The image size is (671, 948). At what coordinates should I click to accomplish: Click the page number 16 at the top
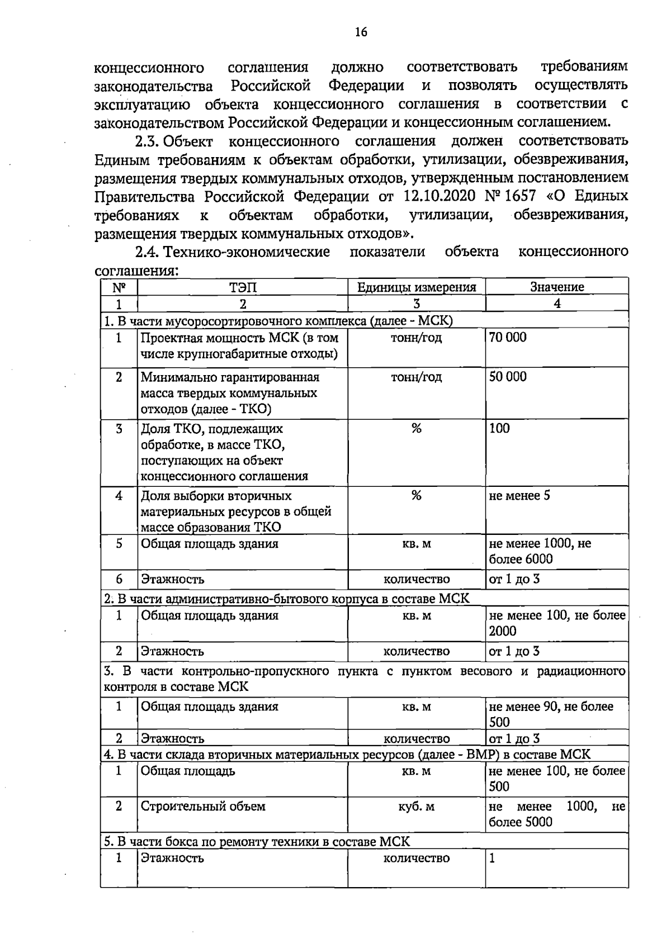pyautogui.click(x=361, y=32)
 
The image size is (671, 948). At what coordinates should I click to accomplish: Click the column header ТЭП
pyautogui.click(x=243, y=287)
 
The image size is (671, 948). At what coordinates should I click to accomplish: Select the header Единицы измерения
pyautogui.click(x=417, y=287)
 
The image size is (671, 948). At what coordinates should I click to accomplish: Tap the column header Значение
pyautogui.click(x=557, y=287)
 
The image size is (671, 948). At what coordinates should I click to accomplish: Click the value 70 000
pyautogui.click(x=508, y=338)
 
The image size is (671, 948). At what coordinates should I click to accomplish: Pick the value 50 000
pyautogui.click(x=508, y=377)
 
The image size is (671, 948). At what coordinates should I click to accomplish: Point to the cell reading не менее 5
pyautogui.click(x=519, y=496)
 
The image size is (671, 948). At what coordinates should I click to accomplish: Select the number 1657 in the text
pyautogui.click(x=521, y=197)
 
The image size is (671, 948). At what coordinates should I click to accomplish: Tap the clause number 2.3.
pyautogui.click(x=148, y=140)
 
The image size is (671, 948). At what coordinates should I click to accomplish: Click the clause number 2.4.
pyautogui.click(x=148, y=252)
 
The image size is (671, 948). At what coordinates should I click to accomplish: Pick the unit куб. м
pyautogui.click(x=417, y=807)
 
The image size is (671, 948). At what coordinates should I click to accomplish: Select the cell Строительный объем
pyautogui.click(x=203, y=807)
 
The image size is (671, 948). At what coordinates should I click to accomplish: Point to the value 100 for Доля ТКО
pyautogui.click(x=499, y=429)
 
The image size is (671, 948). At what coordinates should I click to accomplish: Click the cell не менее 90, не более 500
pyautogui.click(x=551, y=714)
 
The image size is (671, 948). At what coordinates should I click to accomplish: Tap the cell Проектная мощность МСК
pyautogui.click(x=239, y=345)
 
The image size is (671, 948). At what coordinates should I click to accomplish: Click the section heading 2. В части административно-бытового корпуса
pyautogui.click(x=287, y=599)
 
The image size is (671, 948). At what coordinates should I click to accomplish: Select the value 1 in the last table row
pyautogui.click(x=492, y=858)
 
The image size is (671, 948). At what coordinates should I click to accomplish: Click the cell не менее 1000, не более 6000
pyautogui.click(x=540, y=551)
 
